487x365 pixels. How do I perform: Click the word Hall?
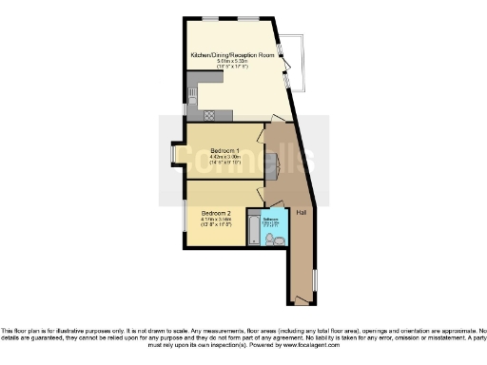pyautogui.click(x=301, y=210)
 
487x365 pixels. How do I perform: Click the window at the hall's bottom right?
pyautogui.click(x=315, y=281)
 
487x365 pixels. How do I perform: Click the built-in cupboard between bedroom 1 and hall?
pyautogui.click(x=271, y=163)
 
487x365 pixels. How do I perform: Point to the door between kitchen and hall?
pyautogui.click(x=276, y=121)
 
